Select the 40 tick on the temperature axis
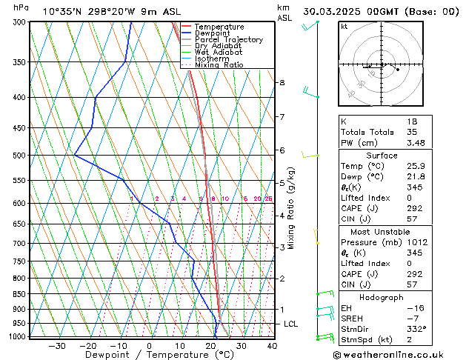pos(272,345)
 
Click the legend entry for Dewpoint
pos(214,33)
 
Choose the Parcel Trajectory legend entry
pos(228,40)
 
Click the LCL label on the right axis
pos(291,324)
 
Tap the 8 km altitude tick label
pos(282,82)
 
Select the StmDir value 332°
pos(418,329)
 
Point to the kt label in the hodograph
pos(344,26)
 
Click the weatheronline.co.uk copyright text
pos(397,355)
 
